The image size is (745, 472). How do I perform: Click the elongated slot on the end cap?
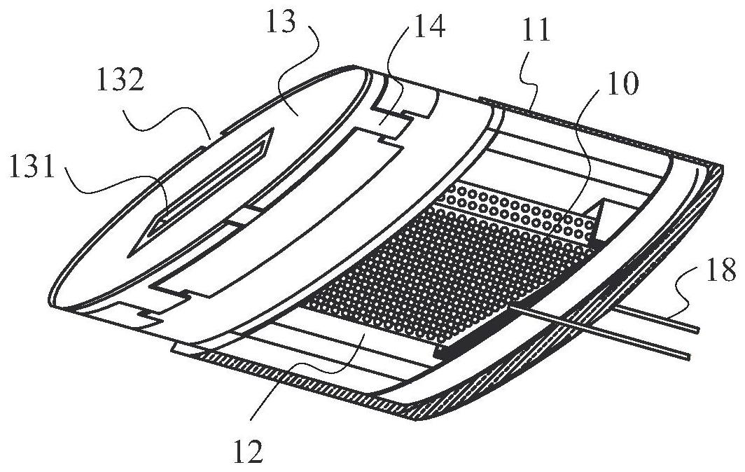(210, 183)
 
